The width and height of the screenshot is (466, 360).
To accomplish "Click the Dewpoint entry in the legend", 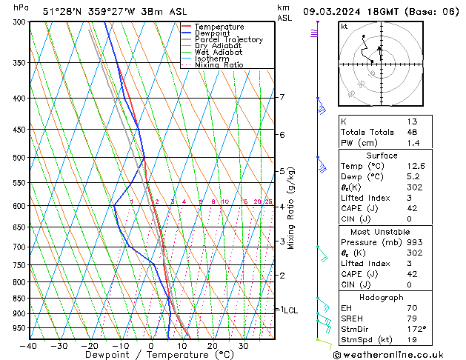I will pos(219,33).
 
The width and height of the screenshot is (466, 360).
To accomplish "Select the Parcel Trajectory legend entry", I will pos(228,40).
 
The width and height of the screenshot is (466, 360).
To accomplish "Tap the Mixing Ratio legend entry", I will pos(219,65).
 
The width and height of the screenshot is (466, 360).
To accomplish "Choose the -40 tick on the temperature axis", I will pos(29,346).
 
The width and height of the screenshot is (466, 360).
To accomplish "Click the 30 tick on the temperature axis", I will pos(243,346).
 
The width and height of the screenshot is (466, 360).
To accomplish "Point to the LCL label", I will pos(290,310).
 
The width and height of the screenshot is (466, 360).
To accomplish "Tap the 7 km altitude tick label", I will pos(282,97).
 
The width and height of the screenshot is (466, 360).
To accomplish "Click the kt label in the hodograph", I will pos(344,27).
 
